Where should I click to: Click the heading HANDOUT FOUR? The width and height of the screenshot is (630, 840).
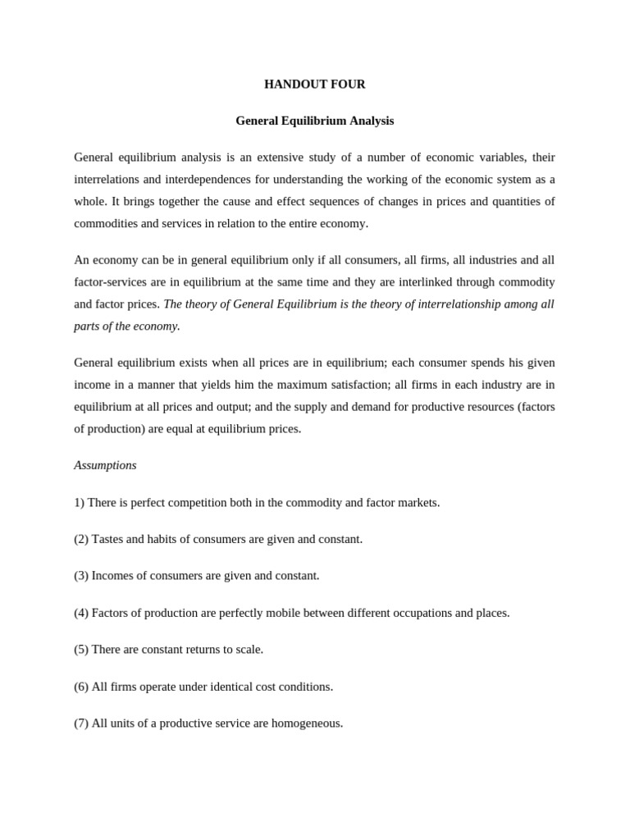pos(314,84)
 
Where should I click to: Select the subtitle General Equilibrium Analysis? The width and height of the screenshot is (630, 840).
pos(314,121)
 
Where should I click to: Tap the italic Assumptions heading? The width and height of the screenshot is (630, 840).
pos(105,465)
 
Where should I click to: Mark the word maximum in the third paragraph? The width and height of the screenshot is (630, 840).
pos(301,384)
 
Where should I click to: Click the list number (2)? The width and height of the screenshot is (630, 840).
pos(81,539)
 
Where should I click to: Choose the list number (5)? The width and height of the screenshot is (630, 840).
pos(81,649)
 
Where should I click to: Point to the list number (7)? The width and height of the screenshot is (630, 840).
pos(81,723)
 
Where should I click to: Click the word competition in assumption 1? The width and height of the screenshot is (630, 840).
pos(217,502)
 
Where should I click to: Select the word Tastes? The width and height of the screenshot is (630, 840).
pos(107,539)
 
